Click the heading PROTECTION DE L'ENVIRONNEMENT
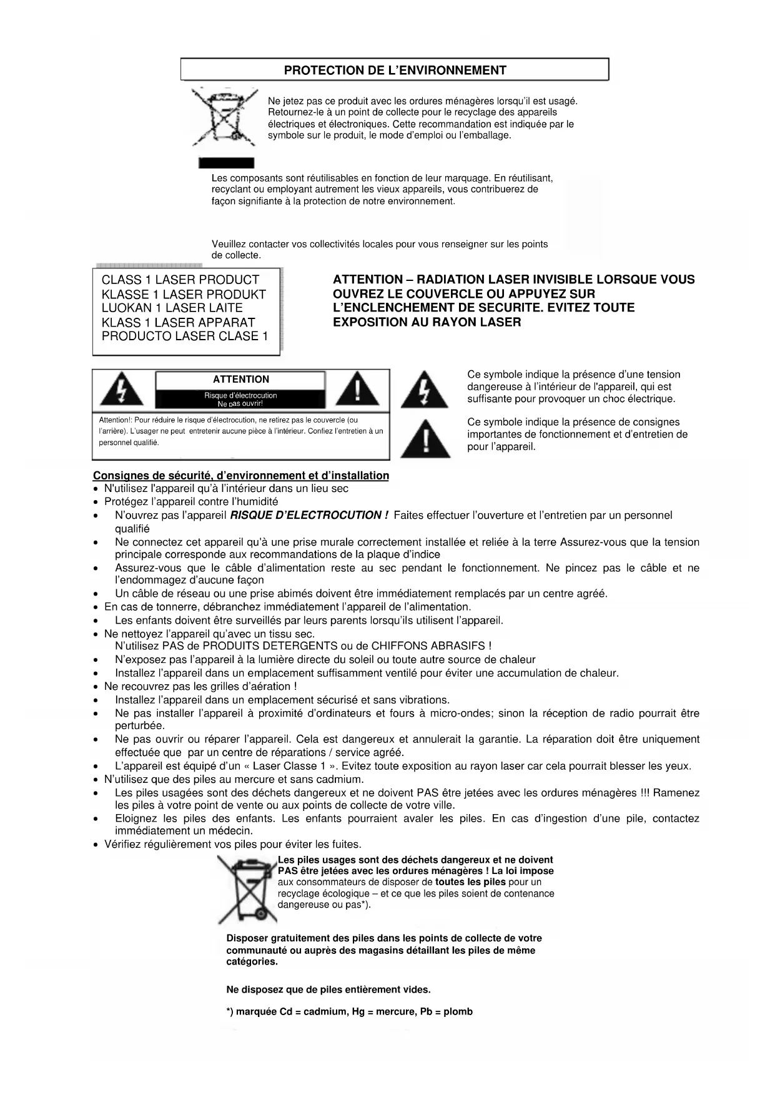click(395, 70)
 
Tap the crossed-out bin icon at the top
click(225, 119)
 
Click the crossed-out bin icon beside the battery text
click(247, 889)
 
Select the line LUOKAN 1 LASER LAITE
click(172, 308)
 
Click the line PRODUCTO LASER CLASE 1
click(185, 336)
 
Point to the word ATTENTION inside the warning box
click(241, 379)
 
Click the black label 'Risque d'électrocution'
click(240, 395)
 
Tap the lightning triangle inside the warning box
click(122, 390)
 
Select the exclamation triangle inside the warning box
click(357, 390)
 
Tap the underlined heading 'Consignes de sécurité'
click(241, 476)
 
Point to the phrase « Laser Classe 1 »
click(294, 766)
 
